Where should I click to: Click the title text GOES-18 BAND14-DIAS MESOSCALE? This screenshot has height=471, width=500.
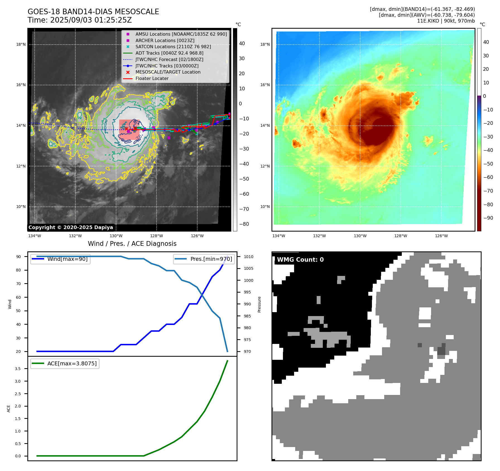point(93,12)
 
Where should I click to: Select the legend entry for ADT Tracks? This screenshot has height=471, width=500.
point(169,53)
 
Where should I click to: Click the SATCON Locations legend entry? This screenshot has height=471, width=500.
point(173,47)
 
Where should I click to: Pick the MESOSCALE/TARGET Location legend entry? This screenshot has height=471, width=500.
point(168,72)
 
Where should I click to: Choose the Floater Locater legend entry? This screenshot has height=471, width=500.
point(152,78)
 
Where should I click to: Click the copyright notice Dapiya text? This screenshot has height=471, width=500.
point(71,227)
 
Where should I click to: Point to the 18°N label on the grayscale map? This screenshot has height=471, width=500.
point(21,44)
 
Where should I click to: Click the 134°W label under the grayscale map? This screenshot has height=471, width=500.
point(35,236)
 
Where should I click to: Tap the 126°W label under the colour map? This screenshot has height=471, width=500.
point(441,236)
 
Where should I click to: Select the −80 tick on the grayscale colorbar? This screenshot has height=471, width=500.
point(244,224)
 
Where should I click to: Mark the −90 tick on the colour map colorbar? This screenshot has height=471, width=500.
point(488,218)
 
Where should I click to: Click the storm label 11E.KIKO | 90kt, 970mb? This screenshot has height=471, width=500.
point(446,21)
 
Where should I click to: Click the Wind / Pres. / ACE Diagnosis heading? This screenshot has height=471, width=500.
point(132,244)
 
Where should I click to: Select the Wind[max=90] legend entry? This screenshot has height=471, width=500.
point(67,259)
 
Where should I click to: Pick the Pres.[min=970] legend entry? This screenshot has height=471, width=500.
point(211,259)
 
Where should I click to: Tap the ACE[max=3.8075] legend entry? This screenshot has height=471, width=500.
point(72,363)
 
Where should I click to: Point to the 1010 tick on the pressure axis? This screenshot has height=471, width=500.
point(248,257)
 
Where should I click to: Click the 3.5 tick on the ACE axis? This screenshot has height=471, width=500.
point(18,369)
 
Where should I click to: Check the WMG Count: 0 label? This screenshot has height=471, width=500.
point(300,260)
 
